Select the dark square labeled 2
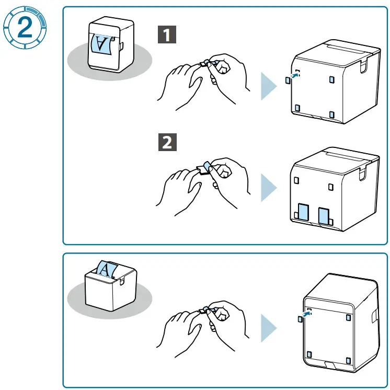pyautogui.click(x=167, y=143)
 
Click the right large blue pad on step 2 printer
pyautogui.click(x=324, y=214)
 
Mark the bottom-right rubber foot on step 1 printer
pyautogui.click(x=332, y=114)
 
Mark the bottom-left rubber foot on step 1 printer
pyautogui.click(x=297, y=108)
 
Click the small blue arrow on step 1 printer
pyautogui.click(x=296, y=76)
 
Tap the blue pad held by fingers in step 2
pyautogui.click(x=207, y=166)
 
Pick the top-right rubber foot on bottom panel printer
pyautogui.click(x=349, y=316)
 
